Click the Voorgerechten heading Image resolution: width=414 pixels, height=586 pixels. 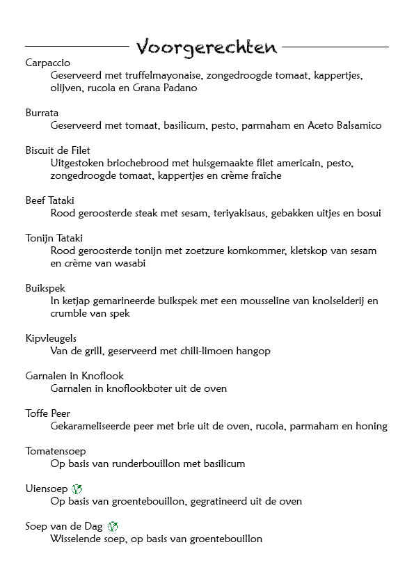pyautogui.click(x=206, y=47)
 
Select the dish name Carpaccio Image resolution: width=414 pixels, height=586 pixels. pyautogui.click(x=47, y=63)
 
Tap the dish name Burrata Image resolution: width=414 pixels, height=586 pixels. pyautogui.click(x=42, y=113)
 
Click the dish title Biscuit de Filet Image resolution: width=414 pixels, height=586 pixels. pyautogui.click(x=58, y=150)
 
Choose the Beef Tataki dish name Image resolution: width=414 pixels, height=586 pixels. pyautogui.click(x=49, y=200)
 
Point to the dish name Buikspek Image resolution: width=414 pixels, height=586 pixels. pyautogui.click(x=45, y=288)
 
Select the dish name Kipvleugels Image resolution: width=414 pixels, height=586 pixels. pyautogui.click(x=51, y=338)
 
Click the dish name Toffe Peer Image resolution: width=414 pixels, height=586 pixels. pyautogui.click(x=47, y=413)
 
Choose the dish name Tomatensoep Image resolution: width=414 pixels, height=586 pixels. pyautogui.click(x=56, y=451)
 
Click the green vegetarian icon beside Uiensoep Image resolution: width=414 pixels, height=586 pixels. pyautogui.click(x=77, y=489)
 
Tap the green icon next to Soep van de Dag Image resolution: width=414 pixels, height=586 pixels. pyautogui.click(x=113, y=527)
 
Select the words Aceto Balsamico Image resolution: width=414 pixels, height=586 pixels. pyautogui.click(x=344, y=125)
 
